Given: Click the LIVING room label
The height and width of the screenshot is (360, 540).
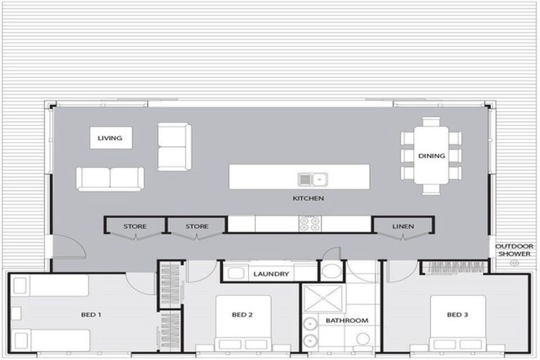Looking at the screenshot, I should tap(110, 138).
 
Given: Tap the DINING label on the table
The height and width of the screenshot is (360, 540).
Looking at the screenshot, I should tap(431, 156).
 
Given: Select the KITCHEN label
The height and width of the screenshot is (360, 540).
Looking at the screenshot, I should tap(308, 199).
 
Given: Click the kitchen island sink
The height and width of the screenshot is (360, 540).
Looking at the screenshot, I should tap(312, 179).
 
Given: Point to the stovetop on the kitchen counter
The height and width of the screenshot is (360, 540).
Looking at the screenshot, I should tap(309, 224).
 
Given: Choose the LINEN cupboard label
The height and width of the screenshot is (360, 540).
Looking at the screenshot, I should tap(403, 226).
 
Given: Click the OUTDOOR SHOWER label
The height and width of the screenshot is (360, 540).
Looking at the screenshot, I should tap(514, 250).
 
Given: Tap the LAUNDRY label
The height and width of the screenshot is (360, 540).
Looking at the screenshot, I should tap(271, 274).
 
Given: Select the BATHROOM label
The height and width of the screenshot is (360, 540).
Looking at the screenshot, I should tap(347, 321).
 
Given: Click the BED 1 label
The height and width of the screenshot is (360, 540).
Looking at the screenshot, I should tap(91, 315).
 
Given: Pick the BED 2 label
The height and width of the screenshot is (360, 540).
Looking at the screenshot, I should tap(242, 315).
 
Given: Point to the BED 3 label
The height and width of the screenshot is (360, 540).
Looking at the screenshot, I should tap(457, 315).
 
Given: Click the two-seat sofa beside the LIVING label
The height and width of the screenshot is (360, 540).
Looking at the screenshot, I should tap(174, 146).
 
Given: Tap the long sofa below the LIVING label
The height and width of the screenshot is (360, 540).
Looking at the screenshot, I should tap(110, 179).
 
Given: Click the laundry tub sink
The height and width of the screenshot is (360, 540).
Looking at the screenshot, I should tap(237, 274).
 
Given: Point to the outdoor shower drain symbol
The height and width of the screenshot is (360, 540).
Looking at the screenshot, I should tap(514, 263).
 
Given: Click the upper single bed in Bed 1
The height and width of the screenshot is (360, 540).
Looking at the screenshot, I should tap(51, 285).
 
